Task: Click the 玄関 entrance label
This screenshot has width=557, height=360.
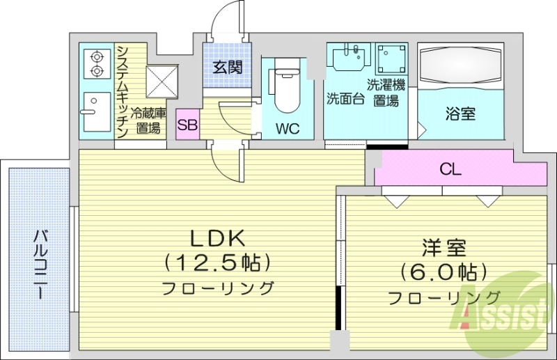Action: click(227, 68)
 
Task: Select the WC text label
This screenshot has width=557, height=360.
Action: click(288, 128)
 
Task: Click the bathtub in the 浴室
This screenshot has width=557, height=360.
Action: click(459, 67)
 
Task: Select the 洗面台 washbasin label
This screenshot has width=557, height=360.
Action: click(345, 98)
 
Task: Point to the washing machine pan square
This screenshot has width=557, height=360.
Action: click(391, 59)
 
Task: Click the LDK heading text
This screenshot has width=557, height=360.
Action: click(217, 239)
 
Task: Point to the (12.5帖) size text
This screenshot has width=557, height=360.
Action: click(217, 263)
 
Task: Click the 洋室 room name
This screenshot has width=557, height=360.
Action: click(444, 248)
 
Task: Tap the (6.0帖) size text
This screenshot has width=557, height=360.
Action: click(444, 271)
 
